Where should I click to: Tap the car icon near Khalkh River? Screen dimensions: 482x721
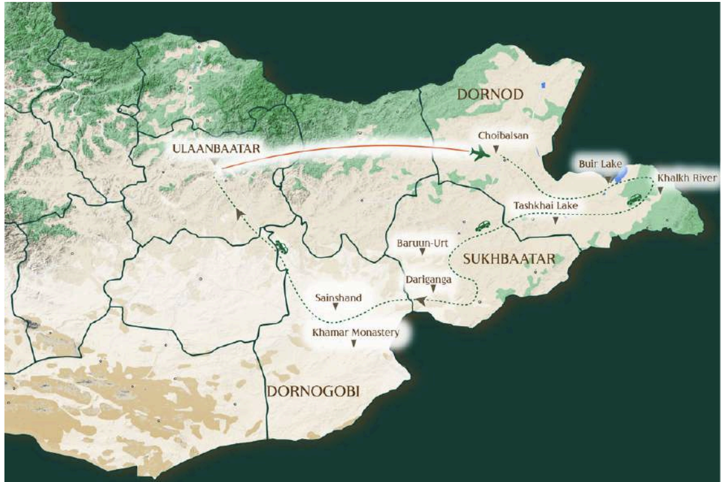634,200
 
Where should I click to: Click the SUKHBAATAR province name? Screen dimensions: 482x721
509,259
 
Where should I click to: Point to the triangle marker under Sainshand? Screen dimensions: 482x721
336,306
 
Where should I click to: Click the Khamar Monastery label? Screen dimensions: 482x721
355,332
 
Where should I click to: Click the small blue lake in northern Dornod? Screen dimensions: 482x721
543,84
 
